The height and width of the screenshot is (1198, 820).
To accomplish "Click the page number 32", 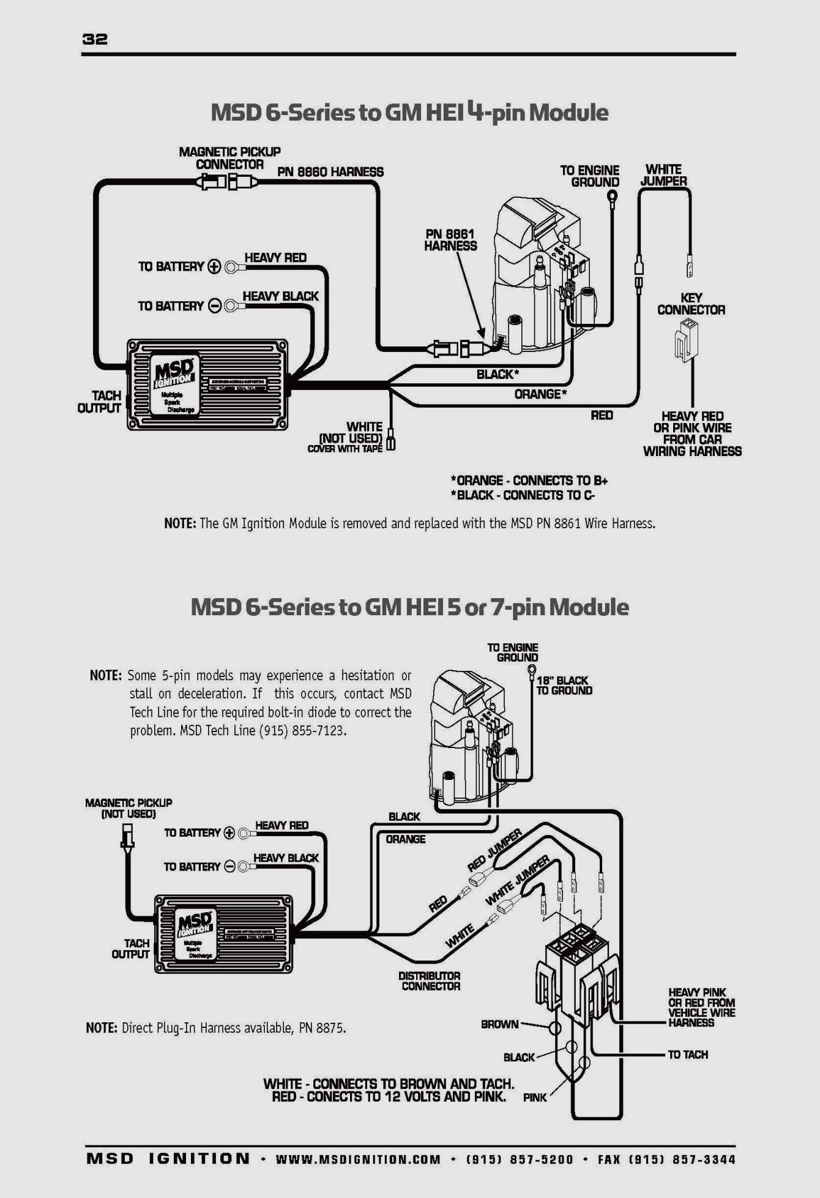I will (95, 39).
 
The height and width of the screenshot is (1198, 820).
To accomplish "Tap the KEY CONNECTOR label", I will (691, 304).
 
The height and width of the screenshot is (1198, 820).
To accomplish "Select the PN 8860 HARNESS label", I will (330, 172).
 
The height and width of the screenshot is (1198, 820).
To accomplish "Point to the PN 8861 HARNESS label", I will (450, 240).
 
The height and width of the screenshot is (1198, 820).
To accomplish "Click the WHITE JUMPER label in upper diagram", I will (663, 175).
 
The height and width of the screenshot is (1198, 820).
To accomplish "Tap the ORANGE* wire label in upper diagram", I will (540, 394).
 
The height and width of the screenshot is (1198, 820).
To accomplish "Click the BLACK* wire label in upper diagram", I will (498, 374).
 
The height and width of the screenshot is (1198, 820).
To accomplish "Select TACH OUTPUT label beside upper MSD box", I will (100, 402).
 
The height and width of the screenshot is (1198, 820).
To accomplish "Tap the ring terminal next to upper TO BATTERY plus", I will (231, 267).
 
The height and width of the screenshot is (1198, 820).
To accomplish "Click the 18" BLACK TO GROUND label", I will (564, 686).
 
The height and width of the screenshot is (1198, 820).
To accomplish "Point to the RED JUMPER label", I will (494, 850).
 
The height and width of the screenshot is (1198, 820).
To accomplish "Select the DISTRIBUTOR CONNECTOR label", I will (430, 981).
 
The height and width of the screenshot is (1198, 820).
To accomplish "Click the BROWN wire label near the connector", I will (499, 1024).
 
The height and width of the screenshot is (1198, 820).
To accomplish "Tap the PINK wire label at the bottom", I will (534, 1098).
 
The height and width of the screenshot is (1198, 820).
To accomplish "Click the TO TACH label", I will (687, 1054).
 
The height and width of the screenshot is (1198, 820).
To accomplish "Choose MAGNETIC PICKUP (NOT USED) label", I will (129, 808).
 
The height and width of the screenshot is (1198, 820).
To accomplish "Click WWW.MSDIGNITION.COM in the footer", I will (358, 1159).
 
